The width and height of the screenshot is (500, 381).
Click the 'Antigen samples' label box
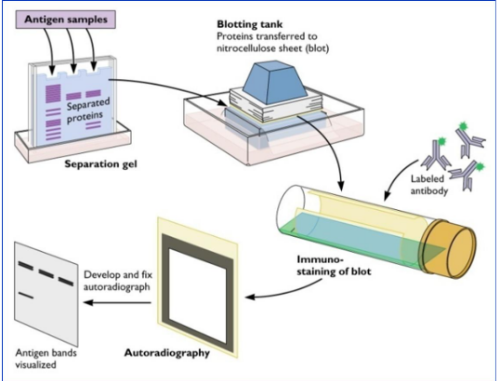coord(66,20)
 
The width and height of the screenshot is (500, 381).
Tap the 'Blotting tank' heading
coord(250,24)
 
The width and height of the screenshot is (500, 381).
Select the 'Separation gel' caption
coord(100,164)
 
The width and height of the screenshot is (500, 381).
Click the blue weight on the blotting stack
coord(275,83)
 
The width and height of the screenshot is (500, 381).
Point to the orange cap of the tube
coord(450,248)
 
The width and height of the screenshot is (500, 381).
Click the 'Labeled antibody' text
coord(428,184)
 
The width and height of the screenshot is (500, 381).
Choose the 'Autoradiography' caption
coord(166,353)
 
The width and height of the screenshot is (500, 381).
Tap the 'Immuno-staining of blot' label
coord(334,265)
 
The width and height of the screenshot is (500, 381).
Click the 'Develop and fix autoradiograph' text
coord(118,281)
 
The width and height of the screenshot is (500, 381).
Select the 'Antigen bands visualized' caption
coord(46,359)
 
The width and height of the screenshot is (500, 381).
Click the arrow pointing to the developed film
coord(117,302)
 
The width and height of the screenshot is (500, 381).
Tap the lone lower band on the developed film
coord(25,296)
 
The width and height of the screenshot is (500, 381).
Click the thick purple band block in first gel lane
coord(53,94)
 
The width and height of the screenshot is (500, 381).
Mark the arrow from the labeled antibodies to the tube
coord(398,178)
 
